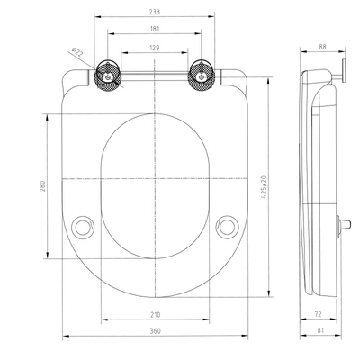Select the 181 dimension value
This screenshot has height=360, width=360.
(157, 31)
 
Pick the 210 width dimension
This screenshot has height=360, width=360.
(157, 316)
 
